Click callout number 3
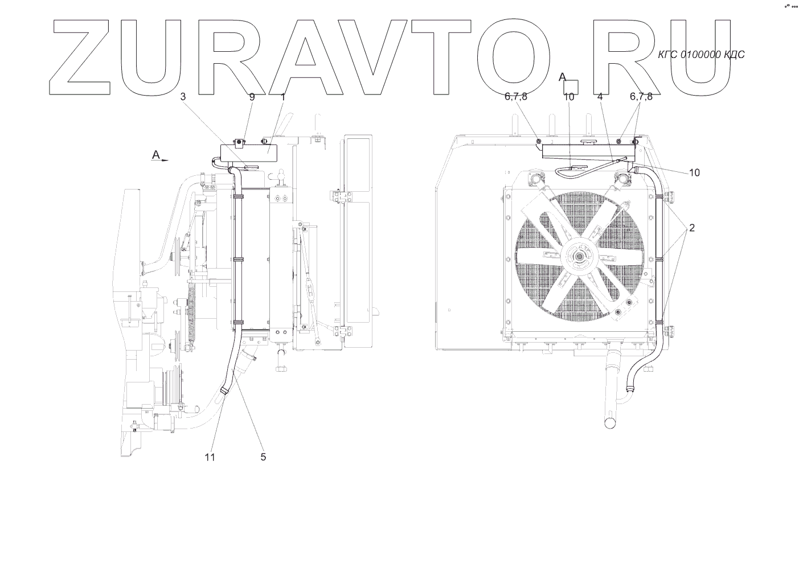click(x=183, y=97)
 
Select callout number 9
click(x=252, y=97)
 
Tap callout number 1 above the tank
click(x=283, y=97)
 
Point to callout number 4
click(x=600, y=97)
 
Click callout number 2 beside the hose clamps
click(x=691, y=228)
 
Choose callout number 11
click(x=210, y=456)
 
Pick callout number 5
click(x=263, y=456)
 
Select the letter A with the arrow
click(x=156, y=155)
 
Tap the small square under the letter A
click(x=571, y=87)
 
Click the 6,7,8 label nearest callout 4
click(x=641, y=97)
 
